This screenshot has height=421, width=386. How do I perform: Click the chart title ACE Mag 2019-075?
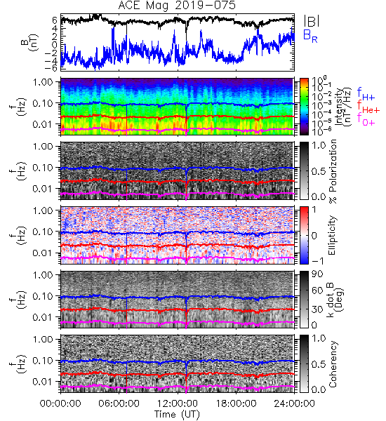177,6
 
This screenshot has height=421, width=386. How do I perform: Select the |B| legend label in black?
312,21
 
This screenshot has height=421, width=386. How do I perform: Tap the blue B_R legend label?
310,36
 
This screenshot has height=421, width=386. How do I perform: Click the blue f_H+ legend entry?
366,94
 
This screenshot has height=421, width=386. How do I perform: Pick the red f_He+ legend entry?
368,107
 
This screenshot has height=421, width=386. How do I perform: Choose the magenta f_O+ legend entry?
366,119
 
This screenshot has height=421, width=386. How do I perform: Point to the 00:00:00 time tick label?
60,403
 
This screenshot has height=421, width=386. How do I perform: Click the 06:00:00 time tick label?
119,403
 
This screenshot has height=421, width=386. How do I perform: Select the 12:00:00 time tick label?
178,403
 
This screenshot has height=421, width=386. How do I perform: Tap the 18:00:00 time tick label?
236,403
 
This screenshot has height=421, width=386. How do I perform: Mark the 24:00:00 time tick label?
294,403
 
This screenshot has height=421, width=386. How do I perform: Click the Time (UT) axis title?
177,414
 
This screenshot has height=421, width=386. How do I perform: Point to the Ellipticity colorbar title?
332,235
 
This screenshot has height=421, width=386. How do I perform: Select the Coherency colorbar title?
333,364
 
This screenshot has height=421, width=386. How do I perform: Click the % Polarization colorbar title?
333,171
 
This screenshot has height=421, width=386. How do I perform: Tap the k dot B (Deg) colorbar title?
335,300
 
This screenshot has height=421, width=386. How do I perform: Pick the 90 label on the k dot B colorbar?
317,274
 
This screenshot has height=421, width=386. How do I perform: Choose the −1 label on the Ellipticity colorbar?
317,261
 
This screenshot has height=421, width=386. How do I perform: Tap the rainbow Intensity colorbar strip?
304,107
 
